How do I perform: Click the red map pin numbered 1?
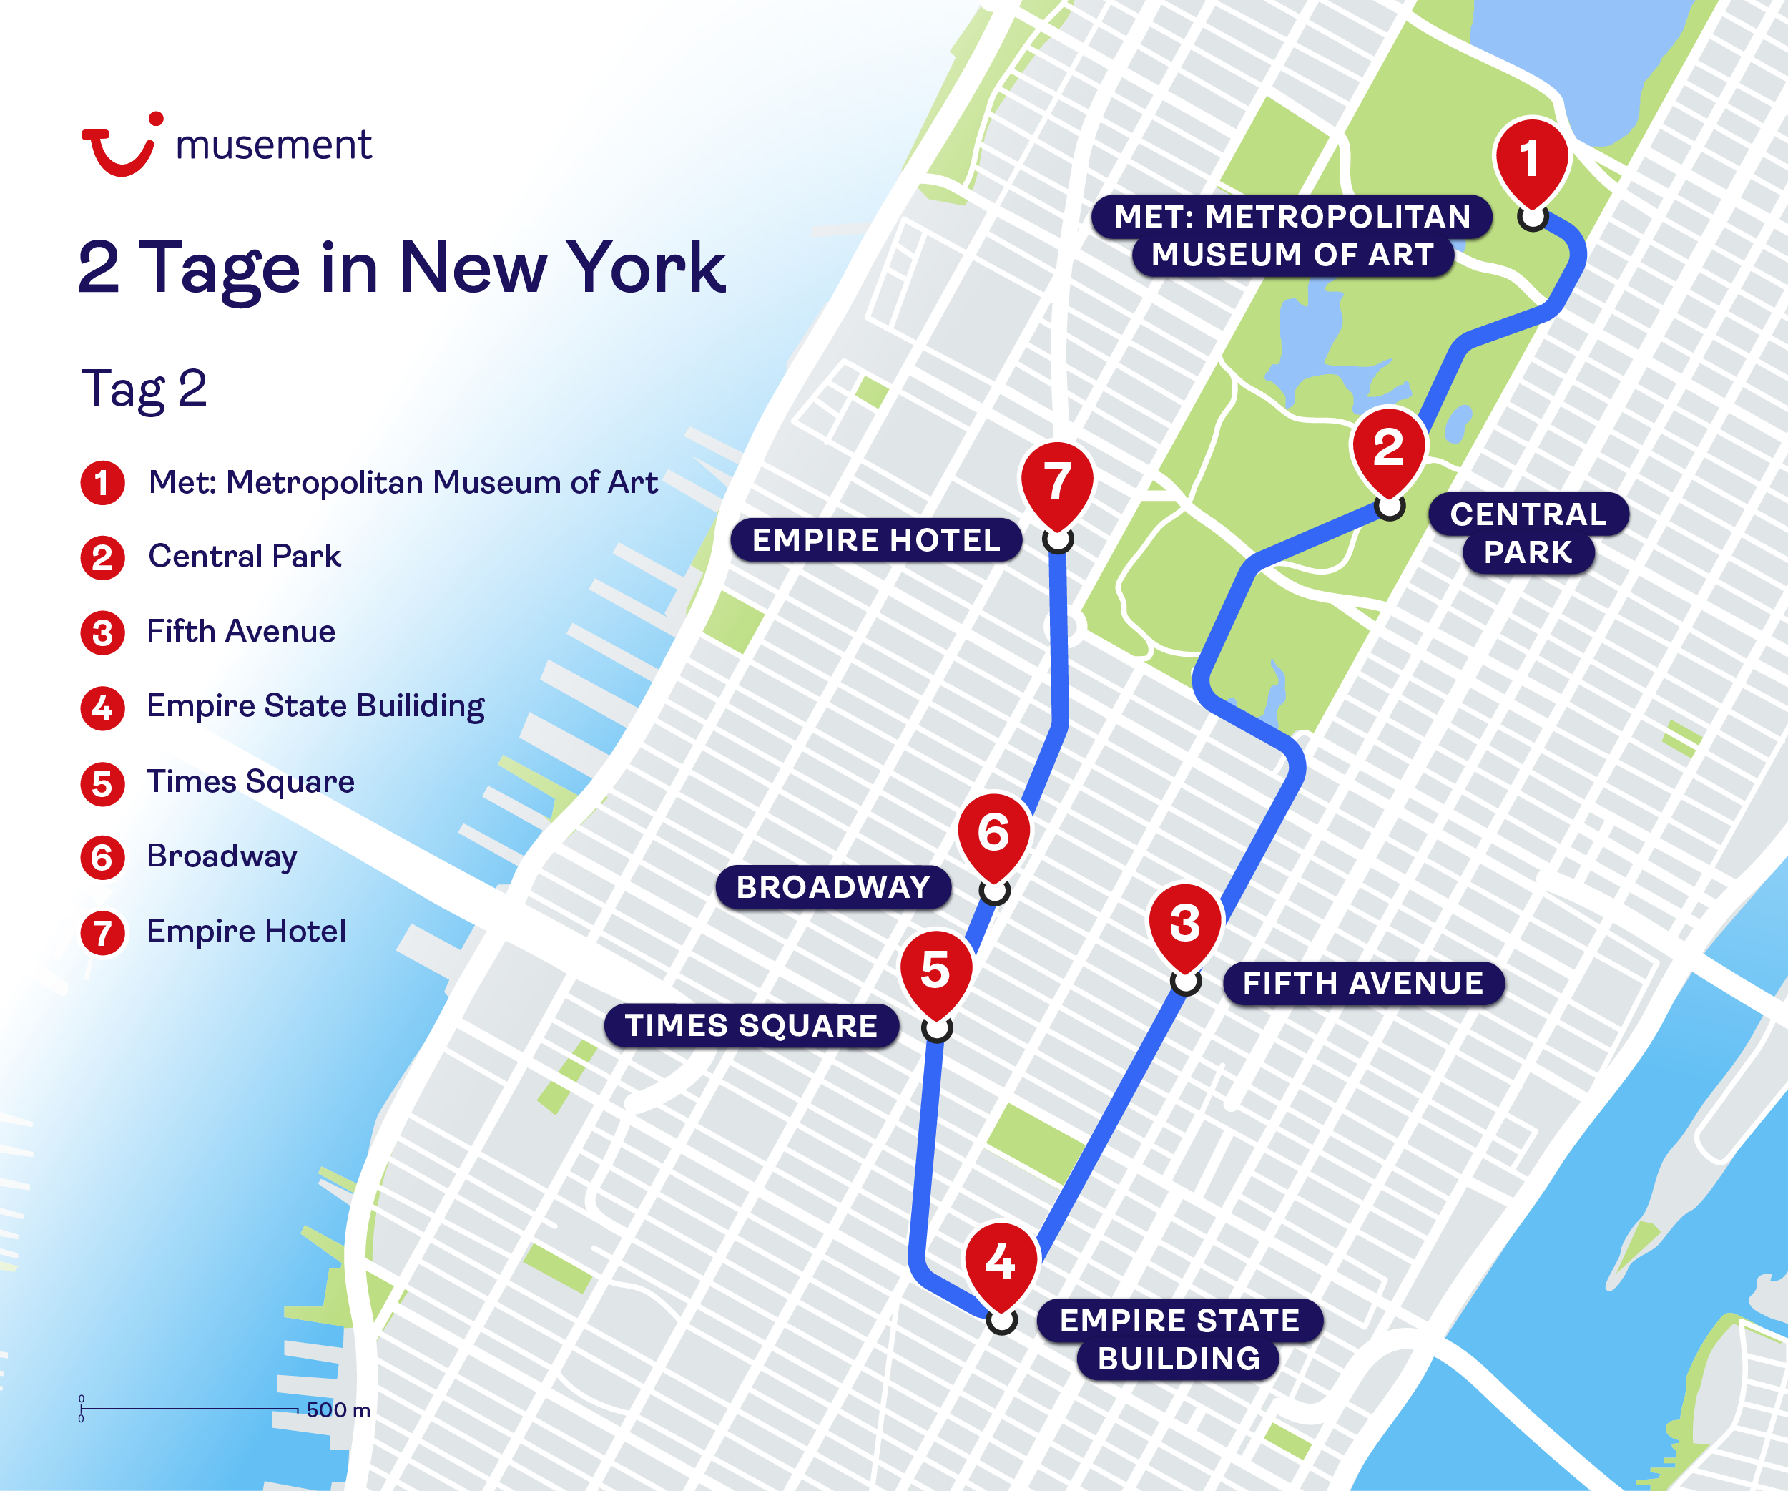pos(1531,160)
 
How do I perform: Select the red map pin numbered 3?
pos(1185,924)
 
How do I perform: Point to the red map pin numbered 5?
pos(935,971)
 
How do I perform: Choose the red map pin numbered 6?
pos(993,834)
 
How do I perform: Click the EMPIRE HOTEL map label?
pos(876,540)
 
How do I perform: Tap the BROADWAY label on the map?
pos(833,887)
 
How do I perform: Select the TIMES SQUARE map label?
pos(751,1025)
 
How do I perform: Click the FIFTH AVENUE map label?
pos(1362,984)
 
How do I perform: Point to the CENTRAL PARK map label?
pos(1528,533)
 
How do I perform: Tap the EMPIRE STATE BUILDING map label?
pos(1179,1339)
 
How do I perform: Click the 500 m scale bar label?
pos(338,1410)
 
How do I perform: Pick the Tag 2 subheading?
pos(144,389)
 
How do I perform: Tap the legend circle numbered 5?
pos(102,783)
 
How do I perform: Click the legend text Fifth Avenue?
pos(241,632)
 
